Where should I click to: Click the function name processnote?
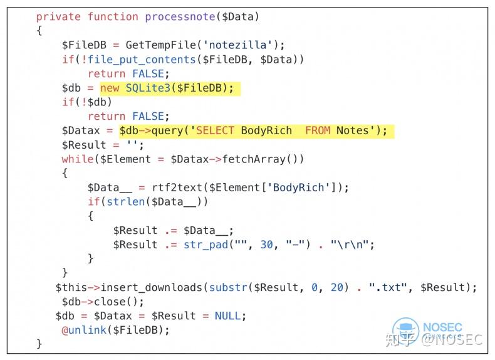click(180, 17)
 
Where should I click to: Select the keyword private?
click(58, 17)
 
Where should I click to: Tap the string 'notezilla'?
click(237, 45)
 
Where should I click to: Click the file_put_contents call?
click(142, 60)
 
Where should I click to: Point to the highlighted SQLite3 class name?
click(148, 88)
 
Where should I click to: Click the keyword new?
click(110, 88)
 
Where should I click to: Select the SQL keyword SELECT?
click(215, 130)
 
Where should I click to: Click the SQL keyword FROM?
click(318, 130)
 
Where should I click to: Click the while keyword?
click(78, 159)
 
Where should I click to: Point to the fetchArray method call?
click(254, 159)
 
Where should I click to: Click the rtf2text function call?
click(177, 188)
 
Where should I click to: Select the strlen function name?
click(126, 202)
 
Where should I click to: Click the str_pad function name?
click(206, 245)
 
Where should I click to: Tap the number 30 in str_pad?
click(266, 245)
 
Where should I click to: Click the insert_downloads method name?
click(151, 287)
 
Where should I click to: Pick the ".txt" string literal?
click(388, 287)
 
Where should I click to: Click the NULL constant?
click(227, 315)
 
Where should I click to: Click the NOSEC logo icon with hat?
click(405, 331)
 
